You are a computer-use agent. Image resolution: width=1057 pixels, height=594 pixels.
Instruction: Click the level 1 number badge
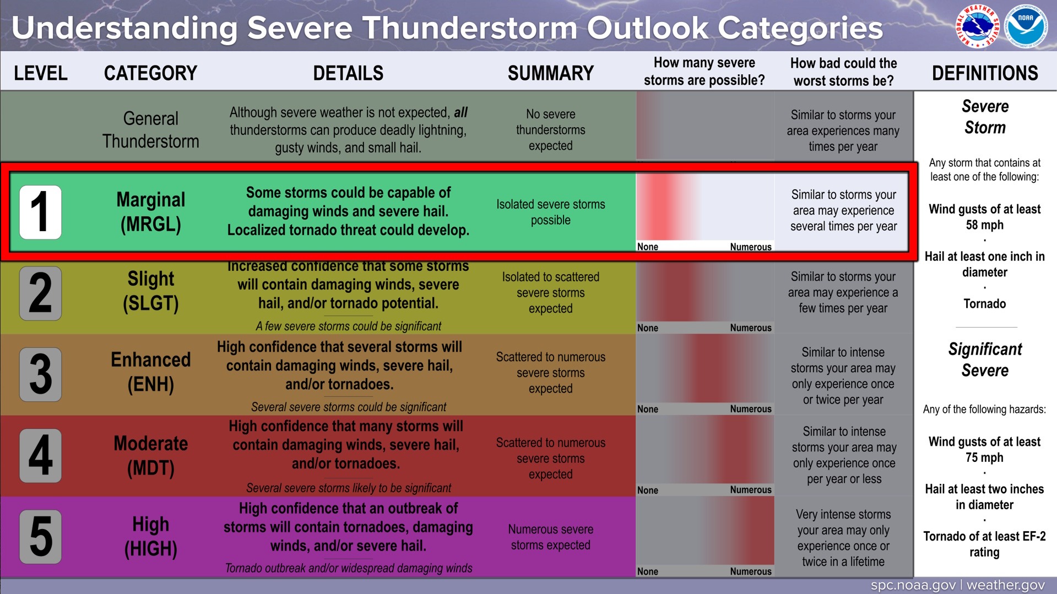point(40,212)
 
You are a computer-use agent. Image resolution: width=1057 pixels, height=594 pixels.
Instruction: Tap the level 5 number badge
point(40,537)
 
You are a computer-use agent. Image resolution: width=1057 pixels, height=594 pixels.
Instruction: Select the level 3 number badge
point(40,374)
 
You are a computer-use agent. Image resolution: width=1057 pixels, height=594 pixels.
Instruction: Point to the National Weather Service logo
point(977,26)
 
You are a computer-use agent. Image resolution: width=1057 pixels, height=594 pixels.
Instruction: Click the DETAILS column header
point(348,73)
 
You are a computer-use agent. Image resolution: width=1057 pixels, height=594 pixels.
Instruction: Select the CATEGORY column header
point(150,73)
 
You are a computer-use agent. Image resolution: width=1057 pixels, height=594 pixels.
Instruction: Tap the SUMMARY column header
point(551,73)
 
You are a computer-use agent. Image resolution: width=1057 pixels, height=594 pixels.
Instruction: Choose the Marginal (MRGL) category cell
point(151,212)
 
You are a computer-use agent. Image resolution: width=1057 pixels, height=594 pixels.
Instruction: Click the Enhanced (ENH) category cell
point(151,372)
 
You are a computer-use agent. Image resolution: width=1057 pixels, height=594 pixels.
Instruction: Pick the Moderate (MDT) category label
point(151,456)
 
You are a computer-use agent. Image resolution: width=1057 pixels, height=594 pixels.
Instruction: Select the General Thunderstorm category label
point(151,130)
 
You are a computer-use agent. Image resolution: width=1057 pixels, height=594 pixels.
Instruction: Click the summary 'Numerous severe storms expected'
point(551,537)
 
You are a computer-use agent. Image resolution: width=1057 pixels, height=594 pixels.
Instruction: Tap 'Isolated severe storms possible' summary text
point(551,212)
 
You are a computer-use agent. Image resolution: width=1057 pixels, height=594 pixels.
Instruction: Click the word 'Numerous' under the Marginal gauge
point(751,247)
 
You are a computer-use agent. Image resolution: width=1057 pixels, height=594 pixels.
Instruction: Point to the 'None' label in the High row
point(648,571)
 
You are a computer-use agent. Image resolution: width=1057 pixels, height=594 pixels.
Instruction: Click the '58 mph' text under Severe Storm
point(985,225)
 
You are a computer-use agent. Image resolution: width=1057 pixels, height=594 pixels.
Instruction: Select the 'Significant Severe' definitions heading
point(985,359)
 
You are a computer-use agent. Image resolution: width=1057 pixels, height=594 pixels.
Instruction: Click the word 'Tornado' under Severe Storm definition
point(985,304)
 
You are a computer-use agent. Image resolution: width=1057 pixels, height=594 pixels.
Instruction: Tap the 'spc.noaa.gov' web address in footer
point(913,585)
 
